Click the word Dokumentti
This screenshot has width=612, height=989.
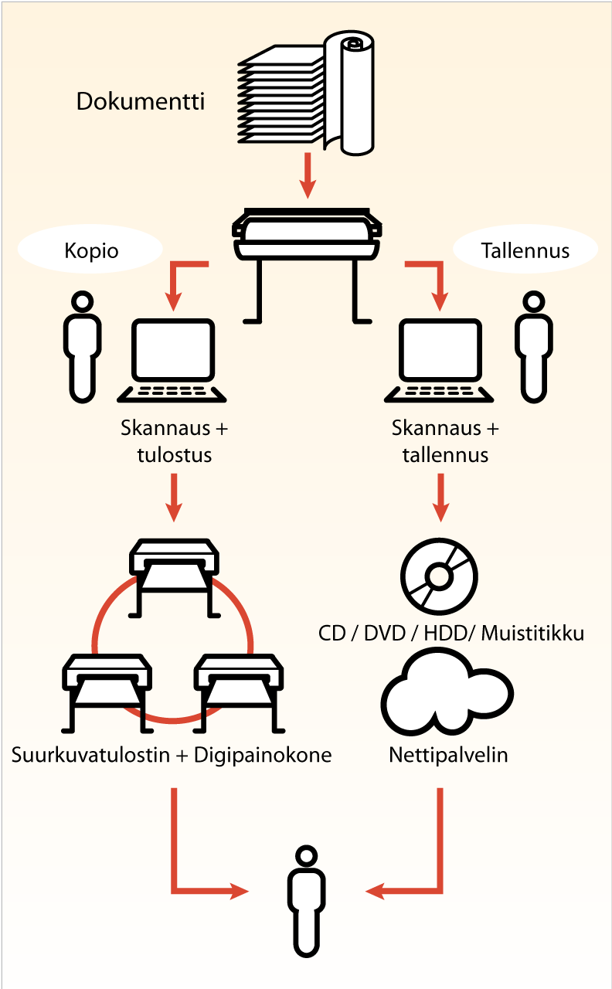[x=141, y=101]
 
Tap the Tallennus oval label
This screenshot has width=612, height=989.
[x=525, y=250]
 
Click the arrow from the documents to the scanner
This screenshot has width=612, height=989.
[x=308, y=176]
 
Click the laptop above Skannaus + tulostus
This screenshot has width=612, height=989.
[x=172, y=360]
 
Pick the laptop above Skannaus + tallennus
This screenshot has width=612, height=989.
[x=439, y=360]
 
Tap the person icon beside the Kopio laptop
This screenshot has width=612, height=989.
[x=82, y=347]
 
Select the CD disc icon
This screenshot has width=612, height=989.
[x=439, y=576]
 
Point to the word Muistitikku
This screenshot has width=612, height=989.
[x=532, y=634]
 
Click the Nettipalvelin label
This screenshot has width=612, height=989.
[x=448, y=754]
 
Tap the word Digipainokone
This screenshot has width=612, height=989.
[x=263, y=754]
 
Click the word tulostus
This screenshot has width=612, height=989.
[x=175, y=454]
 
